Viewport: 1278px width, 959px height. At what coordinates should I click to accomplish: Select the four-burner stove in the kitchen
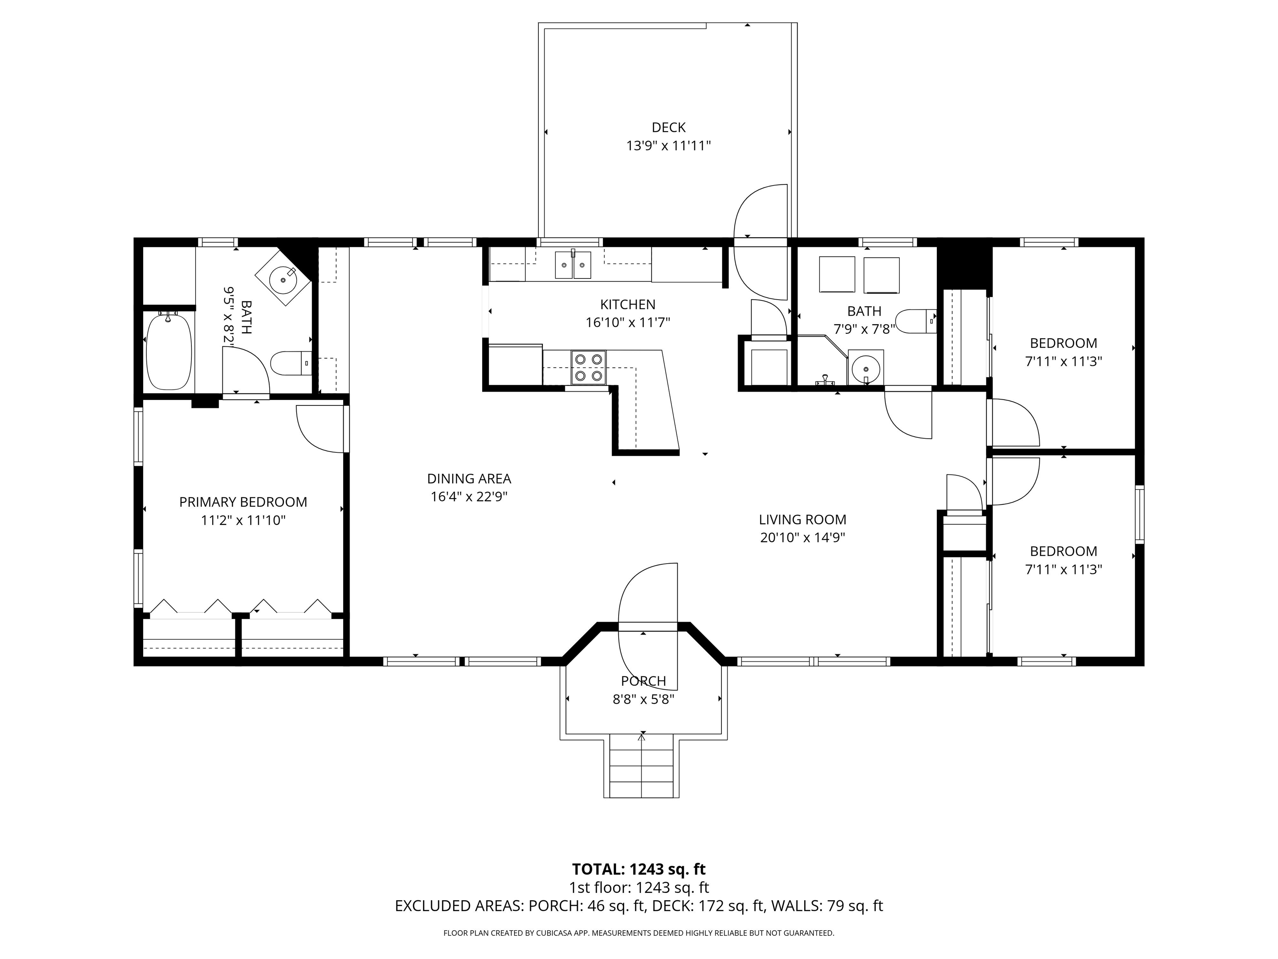pyautogui.click(x=589, y=368)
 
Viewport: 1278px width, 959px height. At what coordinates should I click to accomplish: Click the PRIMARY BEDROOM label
pyautogui.click(x=243, y=502)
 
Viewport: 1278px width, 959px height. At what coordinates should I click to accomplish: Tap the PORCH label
pyautogui.click(x=643, y=681)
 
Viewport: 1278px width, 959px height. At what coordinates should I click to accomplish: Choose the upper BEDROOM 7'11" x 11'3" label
pyautogui.click(x=1063, y=343)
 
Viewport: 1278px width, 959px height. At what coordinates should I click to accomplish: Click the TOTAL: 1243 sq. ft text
pyautogui.click(x=639, y=869)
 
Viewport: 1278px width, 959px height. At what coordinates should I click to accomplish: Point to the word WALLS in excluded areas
pyautogui.click(x=795, y=906)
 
